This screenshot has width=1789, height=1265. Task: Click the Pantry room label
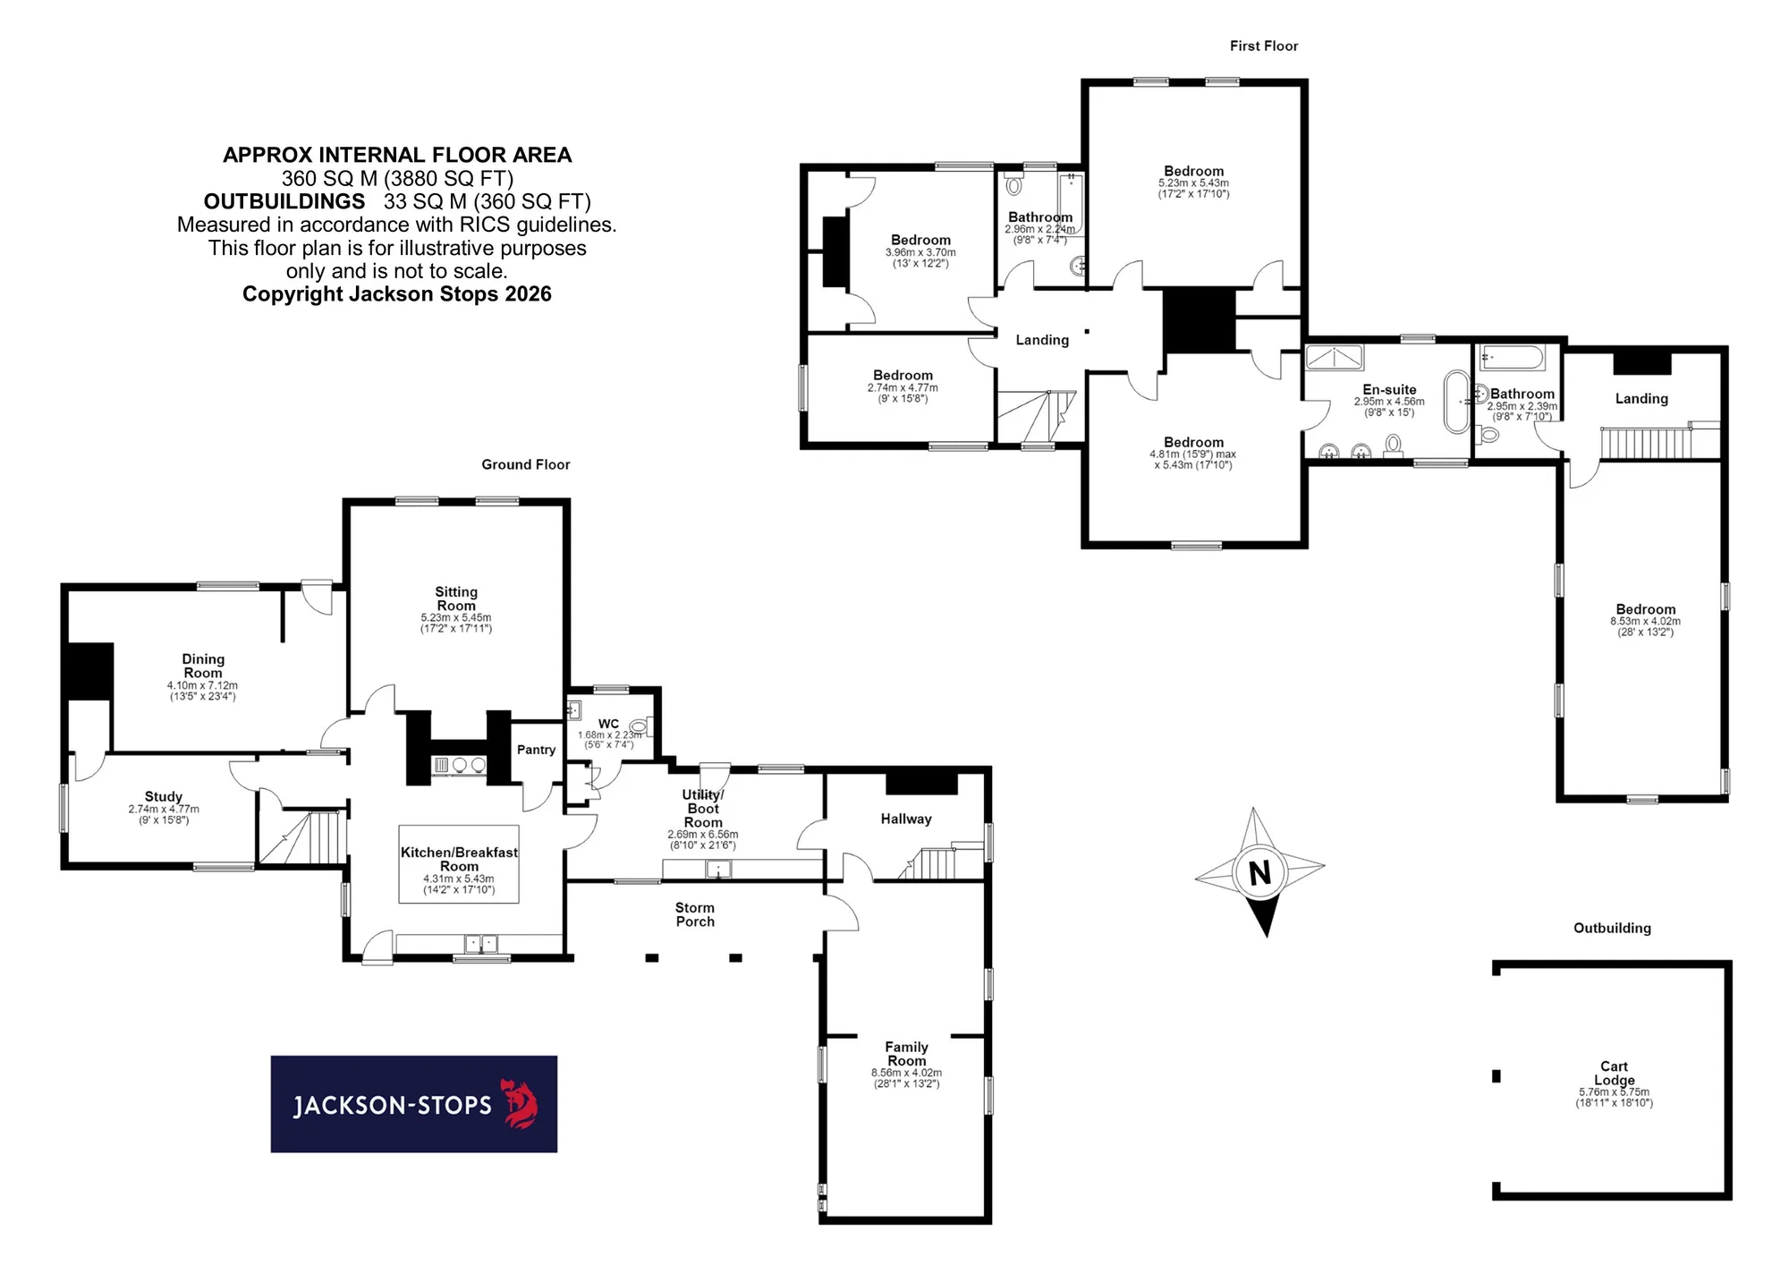[x=536, y=750]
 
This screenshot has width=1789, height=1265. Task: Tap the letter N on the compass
[x=1259, y=872]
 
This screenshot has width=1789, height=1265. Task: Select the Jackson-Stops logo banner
[x=414, y=1104]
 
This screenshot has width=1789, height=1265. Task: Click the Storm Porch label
[x=695, y=914]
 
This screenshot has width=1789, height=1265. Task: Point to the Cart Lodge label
[x=1614, y=1073]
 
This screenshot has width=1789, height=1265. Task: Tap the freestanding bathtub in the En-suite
[x=1457, y=402]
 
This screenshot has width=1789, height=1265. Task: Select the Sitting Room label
[x=456, y=599]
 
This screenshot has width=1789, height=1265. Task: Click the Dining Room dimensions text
[x=203, y=691]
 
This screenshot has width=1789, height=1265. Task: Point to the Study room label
[x=164, y=796]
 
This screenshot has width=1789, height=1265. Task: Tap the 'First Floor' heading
[x=1264, y=46]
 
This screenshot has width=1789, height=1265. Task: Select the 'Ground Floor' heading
[x=526, y=464]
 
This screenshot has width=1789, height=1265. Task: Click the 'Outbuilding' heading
[x=1613, y=928]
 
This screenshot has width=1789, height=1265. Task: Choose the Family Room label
[x=907, y=1054]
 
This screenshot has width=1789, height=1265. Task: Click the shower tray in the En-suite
[x=1335, y=357]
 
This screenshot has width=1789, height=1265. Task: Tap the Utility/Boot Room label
[x=703, y=808]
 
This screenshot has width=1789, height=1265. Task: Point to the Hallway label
[x=906, y=819]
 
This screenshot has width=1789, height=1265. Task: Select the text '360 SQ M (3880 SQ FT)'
[x=397, y=179]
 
